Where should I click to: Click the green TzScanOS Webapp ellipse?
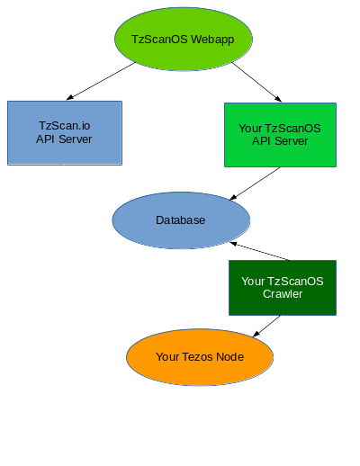184,40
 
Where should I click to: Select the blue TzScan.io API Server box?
64,133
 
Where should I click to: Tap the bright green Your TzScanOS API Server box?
280,135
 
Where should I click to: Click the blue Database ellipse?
181,220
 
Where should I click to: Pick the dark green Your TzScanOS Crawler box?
283,288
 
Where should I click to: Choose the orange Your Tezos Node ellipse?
199,357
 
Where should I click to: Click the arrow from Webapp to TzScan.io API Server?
101,81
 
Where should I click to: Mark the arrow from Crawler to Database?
261,251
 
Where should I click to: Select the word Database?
180,220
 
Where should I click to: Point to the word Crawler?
283,294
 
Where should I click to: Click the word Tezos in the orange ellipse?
200,357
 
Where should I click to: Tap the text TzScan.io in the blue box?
64,127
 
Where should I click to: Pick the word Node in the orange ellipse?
230,357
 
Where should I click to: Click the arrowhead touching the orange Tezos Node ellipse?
256,335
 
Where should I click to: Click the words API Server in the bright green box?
280,141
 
